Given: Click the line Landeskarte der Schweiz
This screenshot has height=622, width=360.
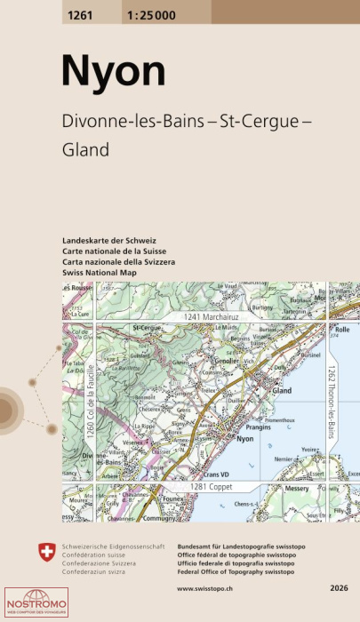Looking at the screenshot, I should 109,242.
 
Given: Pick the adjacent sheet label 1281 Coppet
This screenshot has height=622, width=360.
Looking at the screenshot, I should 211,488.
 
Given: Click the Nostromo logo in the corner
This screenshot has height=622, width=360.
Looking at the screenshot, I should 29,603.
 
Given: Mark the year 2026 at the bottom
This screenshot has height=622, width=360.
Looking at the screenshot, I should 338,588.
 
